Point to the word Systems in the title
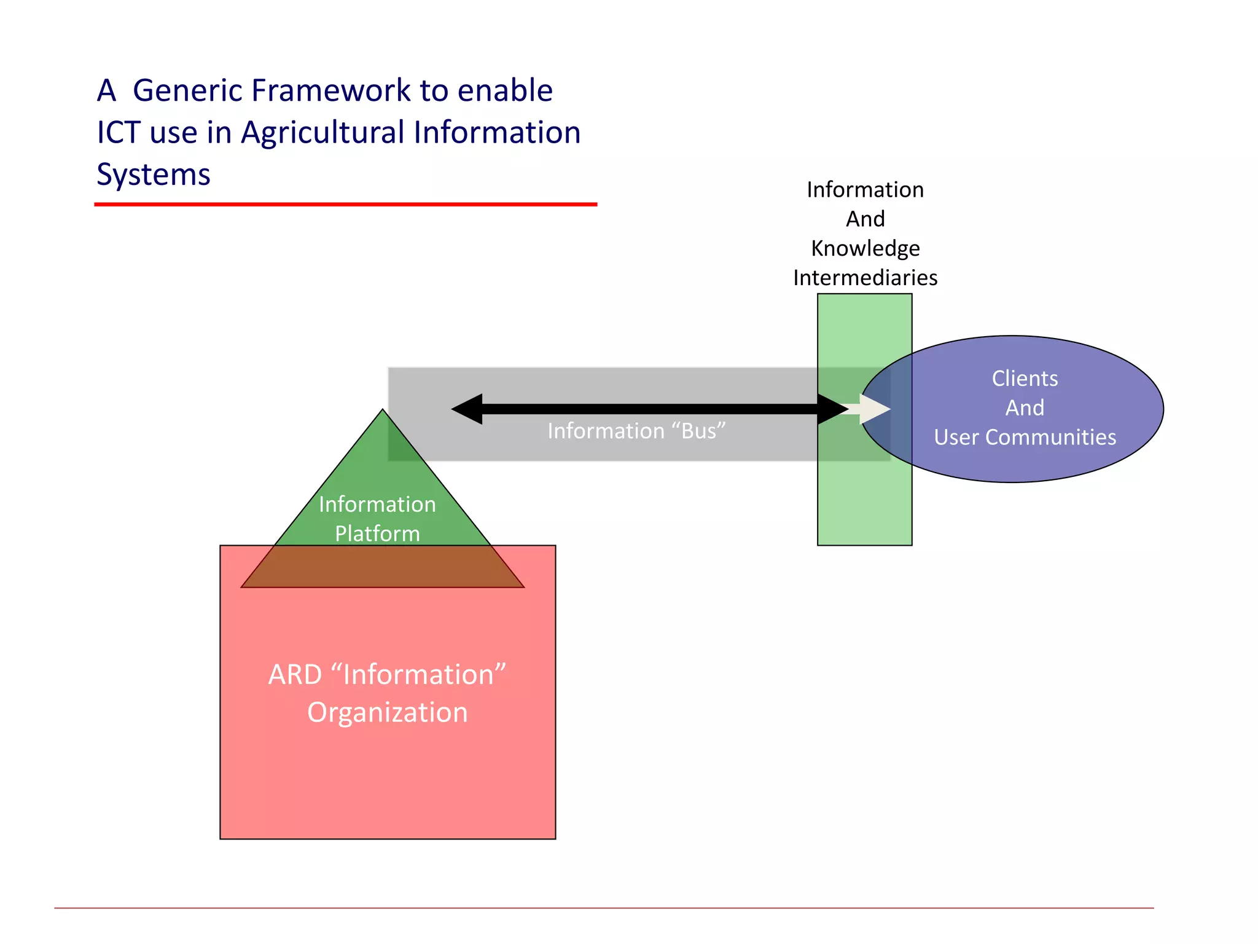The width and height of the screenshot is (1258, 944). coord(154,175)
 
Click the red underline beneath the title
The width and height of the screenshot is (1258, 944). coord(345,204)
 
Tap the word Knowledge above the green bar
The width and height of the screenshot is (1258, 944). coord(865,248)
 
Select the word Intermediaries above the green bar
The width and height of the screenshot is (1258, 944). coord(865,278)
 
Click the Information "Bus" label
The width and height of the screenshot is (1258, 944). coord(636,431)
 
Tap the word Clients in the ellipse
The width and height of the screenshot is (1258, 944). coord(1025,379)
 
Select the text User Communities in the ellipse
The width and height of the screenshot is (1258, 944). coord(1025,437)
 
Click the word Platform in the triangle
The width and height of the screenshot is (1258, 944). coord(377,533)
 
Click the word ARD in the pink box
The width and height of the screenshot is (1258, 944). coord(295,675)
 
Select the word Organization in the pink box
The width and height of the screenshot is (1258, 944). coord(388,712)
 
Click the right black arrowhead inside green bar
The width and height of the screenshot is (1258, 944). coord(832,409)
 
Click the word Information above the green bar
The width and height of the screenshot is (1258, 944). coord(865,190)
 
